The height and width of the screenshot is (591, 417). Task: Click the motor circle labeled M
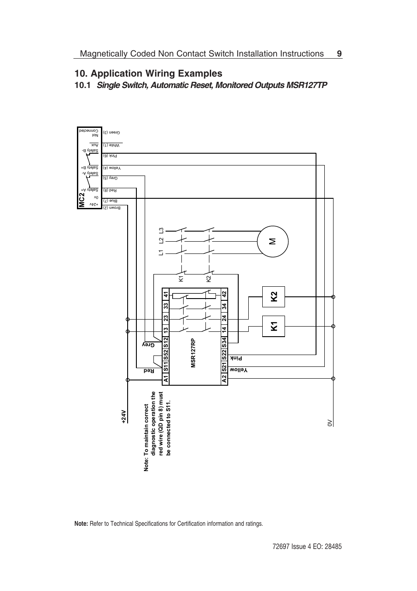point(273,241)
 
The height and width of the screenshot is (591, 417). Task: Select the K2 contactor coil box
point(274,297)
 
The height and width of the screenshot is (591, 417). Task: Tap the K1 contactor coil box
point(274,326)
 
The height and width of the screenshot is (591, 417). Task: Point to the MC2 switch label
point(82,200)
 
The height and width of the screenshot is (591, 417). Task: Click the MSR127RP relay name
point(193,353)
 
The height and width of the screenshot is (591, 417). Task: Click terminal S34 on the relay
point(224,341)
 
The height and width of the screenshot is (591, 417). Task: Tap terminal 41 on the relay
point(166,294)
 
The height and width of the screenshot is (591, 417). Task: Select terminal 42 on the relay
point(224,294)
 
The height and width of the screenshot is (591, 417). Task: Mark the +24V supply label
point(124,417)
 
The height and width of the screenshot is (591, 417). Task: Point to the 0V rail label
point(330,422)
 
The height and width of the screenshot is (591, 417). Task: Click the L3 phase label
point(161,230)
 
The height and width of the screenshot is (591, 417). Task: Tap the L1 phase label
point(161,252)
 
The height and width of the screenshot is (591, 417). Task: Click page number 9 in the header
point(339,54)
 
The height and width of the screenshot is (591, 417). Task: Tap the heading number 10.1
point(83,85)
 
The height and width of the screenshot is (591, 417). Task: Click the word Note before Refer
point(81,524)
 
